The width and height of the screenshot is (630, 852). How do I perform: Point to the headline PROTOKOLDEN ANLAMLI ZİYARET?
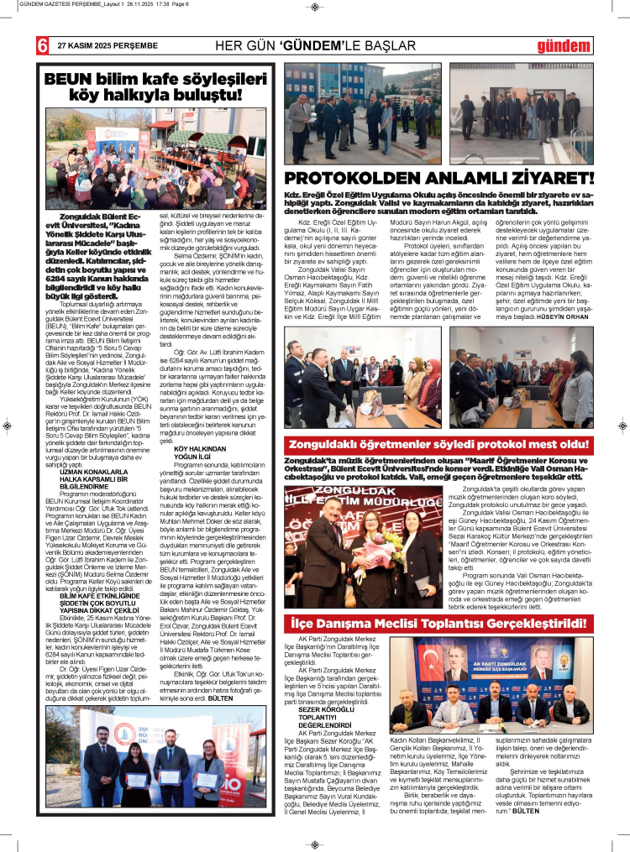pyautogui.click(x=439, y=178)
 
